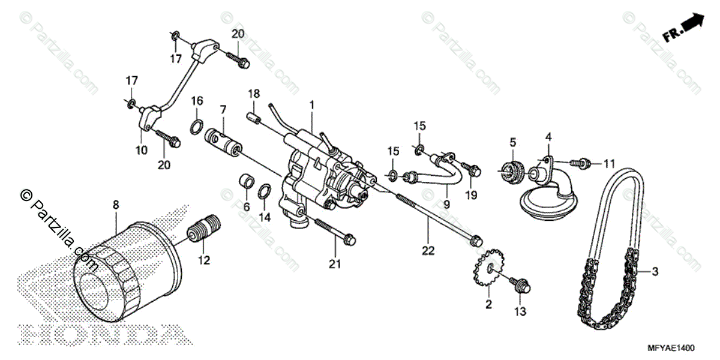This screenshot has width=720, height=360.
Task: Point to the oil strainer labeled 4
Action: point(549,186)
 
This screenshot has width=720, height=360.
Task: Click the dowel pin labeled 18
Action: point(254,113)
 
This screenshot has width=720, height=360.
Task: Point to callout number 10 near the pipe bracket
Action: point(142,151)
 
